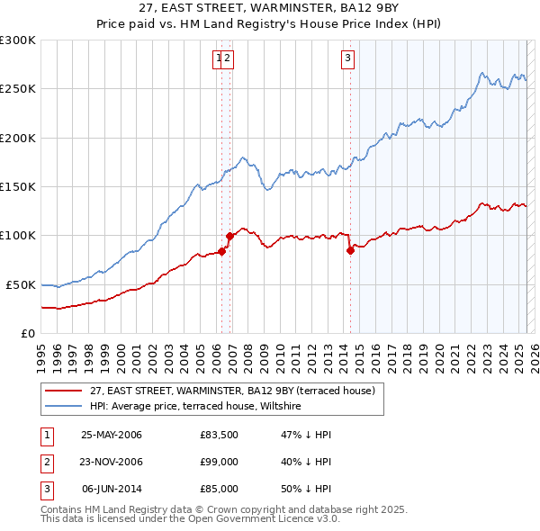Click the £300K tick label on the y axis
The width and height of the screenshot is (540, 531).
[x=18, y=40]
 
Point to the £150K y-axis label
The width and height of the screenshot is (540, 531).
[x=18, y=187]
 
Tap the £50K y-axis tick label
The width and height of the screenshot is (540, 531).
[x=21, y=284]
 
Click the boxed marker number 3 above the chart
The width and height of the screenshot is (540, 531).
[x=347, y=59]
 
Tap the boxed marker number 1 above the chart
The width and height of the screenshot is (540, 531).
[x=218, y=59]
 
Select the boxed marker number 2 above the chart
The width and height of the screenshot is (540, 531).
[x=228, y=59]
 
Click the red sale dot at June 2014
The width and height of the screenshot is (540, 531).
[x=350, y=251]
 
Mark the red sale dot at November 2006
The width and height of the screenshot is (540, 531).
[x=230, y=237]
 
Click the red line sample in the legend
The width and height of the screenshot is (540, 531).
[x=62, y=391]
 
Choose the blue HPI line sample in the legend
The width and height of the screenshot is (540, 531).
[x=62, y=407]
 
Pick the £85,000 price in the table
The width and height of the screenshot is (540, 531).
[x=219, y=489]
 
